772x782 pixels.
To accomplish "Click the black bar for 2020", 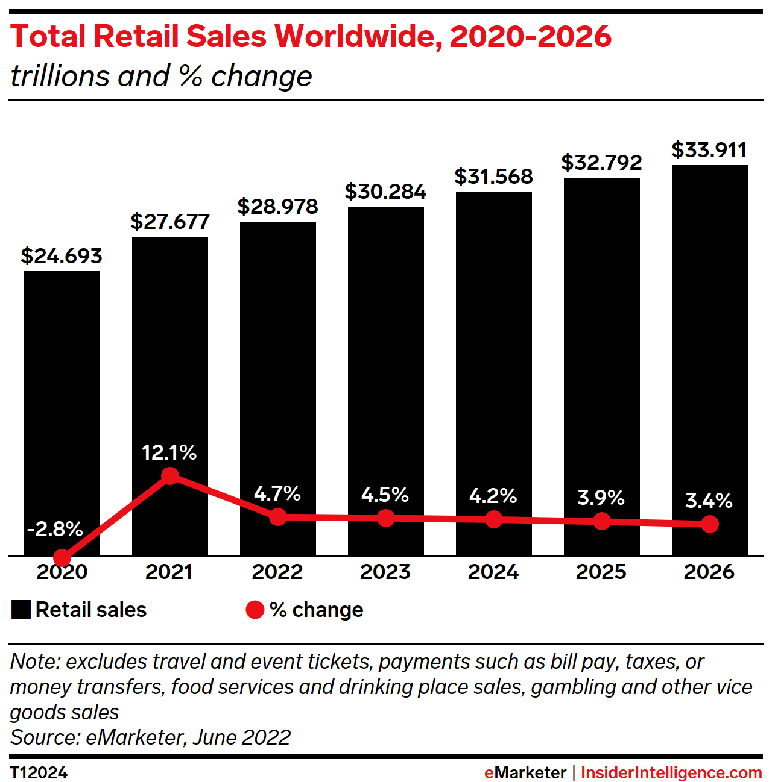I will coord(62,392).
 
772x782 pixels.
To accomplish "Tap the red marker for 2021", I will coord(170,476).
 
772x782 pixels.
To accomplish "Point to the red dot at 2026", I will coord(710,524).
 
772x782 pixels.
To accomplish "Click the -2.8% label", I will coord(55,529).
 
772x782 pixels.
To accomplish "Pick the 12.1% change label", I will coord(169,452).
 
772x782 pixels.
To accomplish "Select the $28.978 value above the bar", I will coord(277,207).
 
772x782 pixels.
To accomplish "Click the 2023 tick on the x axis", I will coord(385,572).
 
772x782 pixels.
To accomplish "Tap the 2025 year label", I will coord(601,572).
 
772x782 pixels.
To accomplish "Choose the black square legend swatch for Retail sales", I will coord(21,610).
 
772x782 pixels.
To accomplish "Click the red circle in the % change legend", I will coord(255,610).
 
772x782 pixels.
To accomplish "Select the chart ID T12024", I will coord(39,773).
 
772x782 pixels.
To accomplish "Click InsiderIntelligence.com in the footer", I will coord(671,773).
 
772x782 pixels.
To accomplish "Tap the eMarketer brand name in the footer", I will coord(525,773).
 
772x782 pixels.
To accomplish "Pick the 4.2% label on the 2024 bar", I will coord(493,496).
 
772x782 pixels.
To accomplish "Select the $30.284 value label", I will coord(385,192).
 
